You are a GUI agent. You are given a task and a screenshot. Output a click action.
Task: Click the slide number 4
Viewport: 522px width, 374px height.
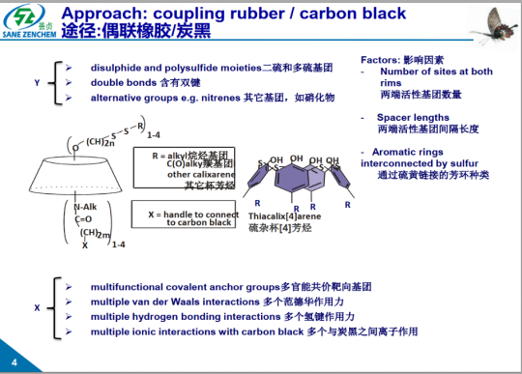[14, 362]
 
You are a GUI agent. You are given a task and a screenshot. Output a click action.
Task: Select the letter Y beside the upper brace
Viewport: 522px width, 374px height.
[37, 84]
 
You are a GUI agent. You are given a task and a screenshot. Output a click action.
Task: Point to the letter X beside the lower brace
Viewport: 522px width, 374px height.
[37, 307]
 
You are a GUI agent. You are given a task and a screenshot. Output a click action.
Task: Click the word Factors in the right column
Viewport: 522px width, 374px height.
[379, 59]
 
